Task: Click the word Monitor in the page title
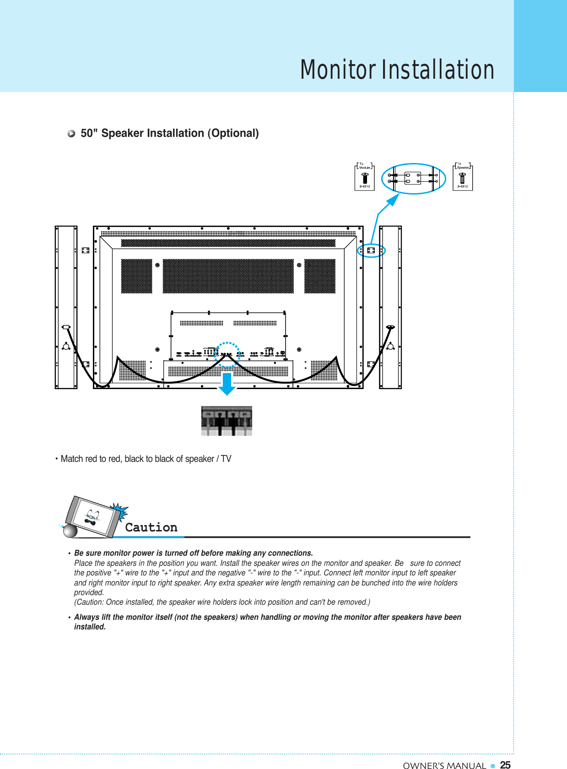click(x=338, y=70)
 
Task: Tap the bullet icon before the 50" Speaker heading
click(x=71, y=134)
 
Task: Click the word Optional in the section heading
click(x=233, y=133)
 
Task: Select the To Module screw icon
click(x=365, y=178)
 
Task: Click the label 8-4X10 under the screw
click(x=365, y=186)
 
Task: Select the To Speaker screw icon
click(x=462, y=178)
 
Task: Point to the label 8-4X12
click(x=463, y=186)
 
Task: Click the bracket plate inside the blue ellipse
click(x=413, y=178)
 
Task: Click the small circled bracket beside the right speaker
click(x=371, y=250)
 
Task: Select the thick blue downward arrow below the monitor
click(x=227, y=384)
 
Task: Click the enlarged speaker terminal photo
click(x=227, y=421)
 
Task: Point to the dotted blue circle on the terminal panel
click(x=227, y=354)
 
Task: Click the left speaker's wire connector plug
click(x=66, y=327)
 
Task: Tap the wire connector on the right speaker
click(x=390, y=327)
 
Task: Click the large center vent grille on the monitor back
click(x=228, y=276)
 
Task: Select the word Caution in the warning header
click(x=151, y=527)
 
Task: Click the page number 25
click(x=505, y=765)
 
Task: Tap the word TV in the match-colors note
click(x=226, y=459)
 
